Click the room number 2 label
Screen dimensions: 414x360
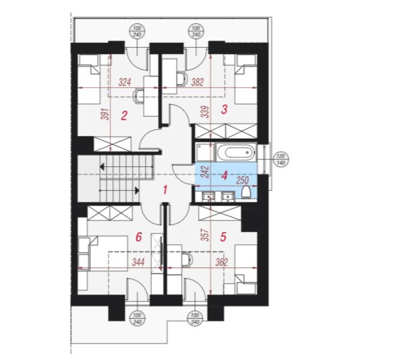[124, 116]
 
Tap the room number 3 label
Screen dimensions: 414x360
[225, 109]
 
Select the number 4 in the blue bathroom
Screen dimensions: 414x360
[225, 175]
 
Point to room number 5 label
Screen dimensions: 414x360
[224, 237]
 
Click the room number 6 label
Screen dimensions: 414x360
[139, 237]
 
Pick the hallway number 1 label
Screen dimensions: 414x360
[165, 190]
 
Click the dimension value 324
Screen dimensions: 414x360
[125, 82]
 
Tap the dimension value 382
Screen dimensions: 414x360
[197, 82]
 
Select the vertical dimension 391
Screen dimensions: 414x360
[105, 114]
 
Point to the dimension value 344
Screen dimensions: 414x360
[138, 262]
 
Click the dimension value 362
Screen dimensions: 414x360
[221, 262]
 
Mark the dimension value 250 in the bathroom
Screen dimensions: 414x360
[243, 180]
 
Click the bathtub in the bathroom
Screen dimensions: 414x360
[236, 152]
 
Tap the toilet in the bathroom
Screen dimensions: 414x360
[246, 192]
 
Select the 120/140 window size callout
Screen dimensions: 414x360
[280, 159]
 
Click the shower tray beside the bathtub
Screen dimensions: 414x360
[205, 152]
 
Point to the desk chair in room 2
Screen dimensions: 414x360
[138, 96]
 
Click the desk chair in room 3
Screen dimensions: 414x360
[182, 78]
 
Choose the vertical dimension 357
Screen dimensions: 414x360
[205, 235]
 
